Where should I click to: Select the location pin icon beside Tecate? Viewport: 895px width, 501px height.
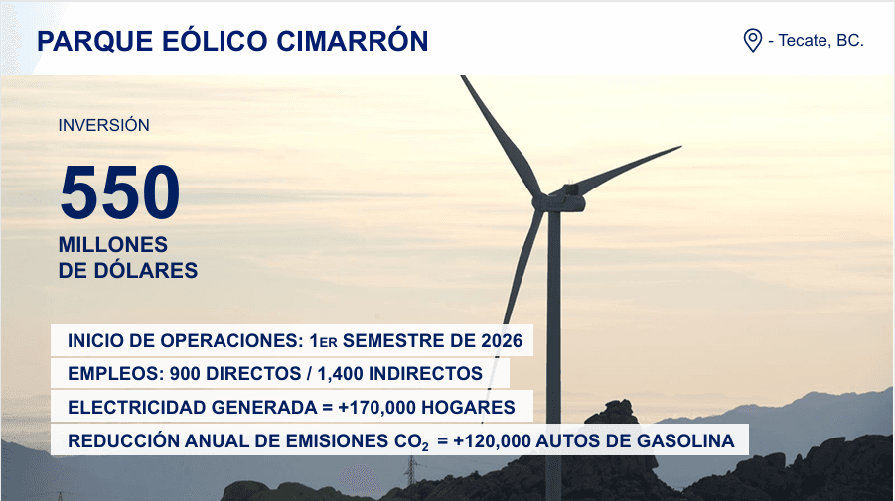click(752, 41)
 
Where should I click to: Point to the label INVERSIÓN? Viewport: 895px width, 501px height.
click(103, 126)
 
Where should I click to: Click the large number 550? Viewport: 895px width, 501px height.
click(119, 191)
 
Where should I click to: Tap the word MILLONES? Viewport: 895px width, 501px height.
click(113, 245)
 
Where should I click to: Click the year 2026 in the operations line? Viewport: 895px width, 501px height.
click(501, 341)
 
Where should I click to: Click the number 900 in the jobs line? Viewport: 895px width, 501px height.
click(186, 374)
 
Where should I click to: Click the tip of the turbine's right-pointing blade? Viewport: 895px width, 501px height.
click(680, 148)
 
